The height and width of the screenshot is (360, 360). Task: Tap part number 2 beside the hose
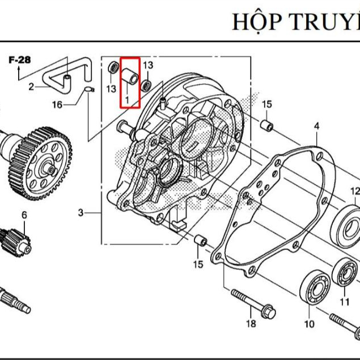pos(31,87)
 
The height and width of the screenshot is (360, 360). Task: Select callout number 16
pos(57,104)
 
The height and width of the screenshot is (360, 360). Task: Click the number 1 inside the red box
pos(127,99)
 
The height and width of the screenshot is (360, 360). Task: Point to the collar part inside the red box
pos(130,77)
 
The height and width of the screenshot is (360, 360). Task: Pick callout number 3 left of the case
pos(81,213)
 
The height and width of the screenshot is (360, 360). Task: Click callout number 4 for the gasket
pos(316,126)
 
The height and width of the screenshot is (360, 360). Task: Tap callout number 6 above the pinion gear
pos(24,215)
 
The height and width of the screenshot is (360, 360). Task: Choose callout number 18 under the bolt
pos(251,324)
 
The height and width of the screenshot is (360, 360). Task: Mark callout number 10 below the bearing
pos(309,324)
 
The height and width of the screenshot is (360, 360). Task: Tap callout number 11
pos(345,301)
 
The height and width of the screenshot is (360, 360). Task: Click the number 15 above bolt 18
pos(198,264)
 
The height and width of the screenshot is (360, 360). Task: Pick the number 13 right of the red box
pos(148,65)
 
